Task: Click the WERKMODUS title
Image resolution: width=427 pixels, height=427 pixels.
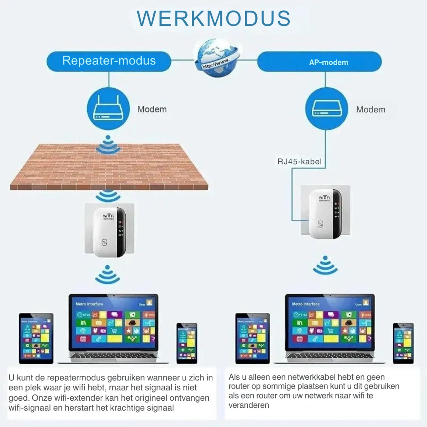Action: tap(213, 19)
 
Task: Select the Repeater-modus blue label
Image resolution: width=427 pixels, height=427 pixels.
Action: tap(109, 61)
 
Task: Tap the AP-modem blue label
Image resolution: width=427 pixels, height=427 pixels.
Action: tap(328, 62)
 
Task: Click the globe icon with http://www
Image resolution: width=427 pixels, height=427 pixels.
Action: tap(216, 58)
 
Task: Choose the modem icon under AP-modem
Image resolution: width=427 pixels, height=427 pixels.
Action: tap(326, 109)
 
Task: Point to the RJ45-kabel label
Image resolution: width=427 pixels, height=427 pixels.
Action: tap(299, 162)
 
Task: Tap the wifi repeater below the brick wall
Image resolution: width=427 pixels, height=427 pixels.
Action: tap(109, 231)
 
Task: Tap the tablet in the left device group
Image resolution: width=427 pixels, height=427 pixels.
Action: tap(36, 338)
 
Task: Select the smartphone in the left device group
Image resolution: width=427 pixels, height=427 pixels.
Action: tap(187, 343)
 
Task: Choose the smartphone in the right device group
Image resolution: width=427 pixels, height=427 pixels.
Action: tap(403, 343)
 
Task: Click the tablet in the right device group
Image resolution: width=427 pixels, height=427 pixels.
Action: tap(253, 338)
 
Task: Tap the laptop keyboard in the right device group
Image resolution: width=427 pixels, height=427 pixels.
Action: tap(330, 357)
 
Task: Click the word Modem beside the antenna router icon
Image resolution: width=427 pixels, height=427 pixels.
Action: tap(152, 109)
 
